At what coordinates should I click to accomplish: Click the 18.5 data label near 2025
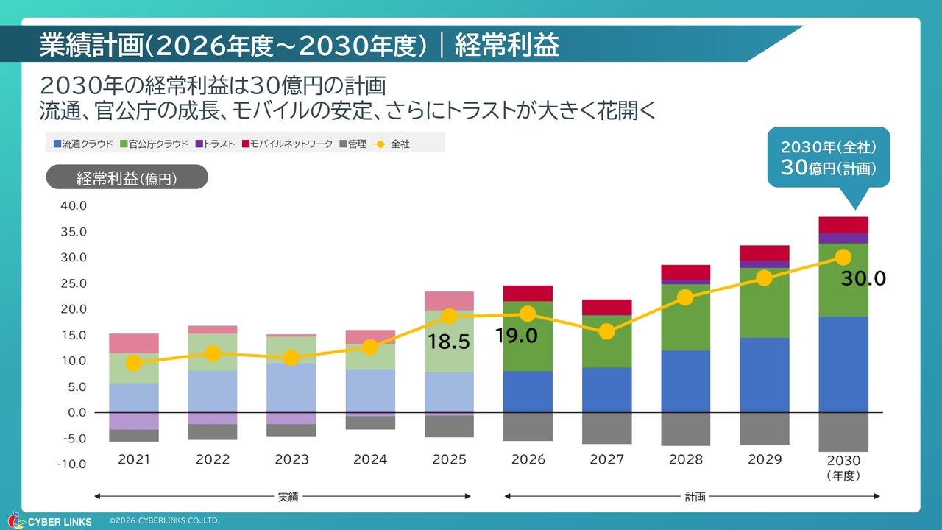coord(449,342)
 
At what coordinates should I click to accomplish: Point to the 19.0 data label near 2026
coord(517,336)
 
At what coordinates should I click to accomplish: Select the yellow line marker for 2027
coord(606,331)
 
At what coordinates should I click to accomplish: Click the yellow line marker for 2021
coord(133,363)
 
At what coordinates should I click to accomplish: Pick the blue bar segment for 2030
coord(843,364)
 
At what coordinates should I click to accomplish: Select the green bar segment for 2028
coord(685,317)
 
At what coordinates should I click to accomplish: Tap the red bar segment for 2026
coord(528,293)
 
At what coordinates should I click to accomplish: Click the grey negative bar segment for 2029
coord(764,428)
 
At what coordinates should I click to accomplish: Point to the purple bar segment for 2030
coord(843,238)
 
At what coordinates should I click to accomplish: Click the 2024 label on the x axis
coord(370,459)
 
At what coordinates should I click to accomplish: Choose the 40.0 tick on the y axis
coord(74,206)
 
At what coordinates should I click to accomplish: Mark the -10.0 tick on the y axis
coord(72,464)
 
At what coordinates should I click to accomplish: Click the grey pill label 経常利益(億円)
coord(127,177)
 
